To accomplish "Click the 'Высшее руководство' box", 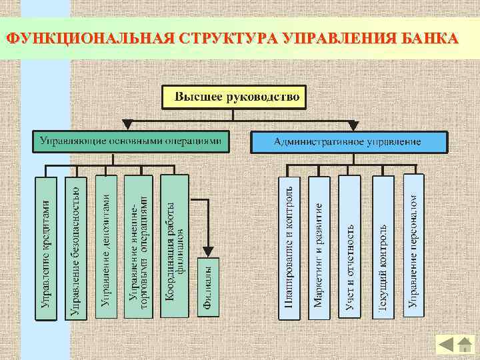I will [233, 97].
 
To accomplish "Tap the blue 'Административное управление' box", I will [349, 142].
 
